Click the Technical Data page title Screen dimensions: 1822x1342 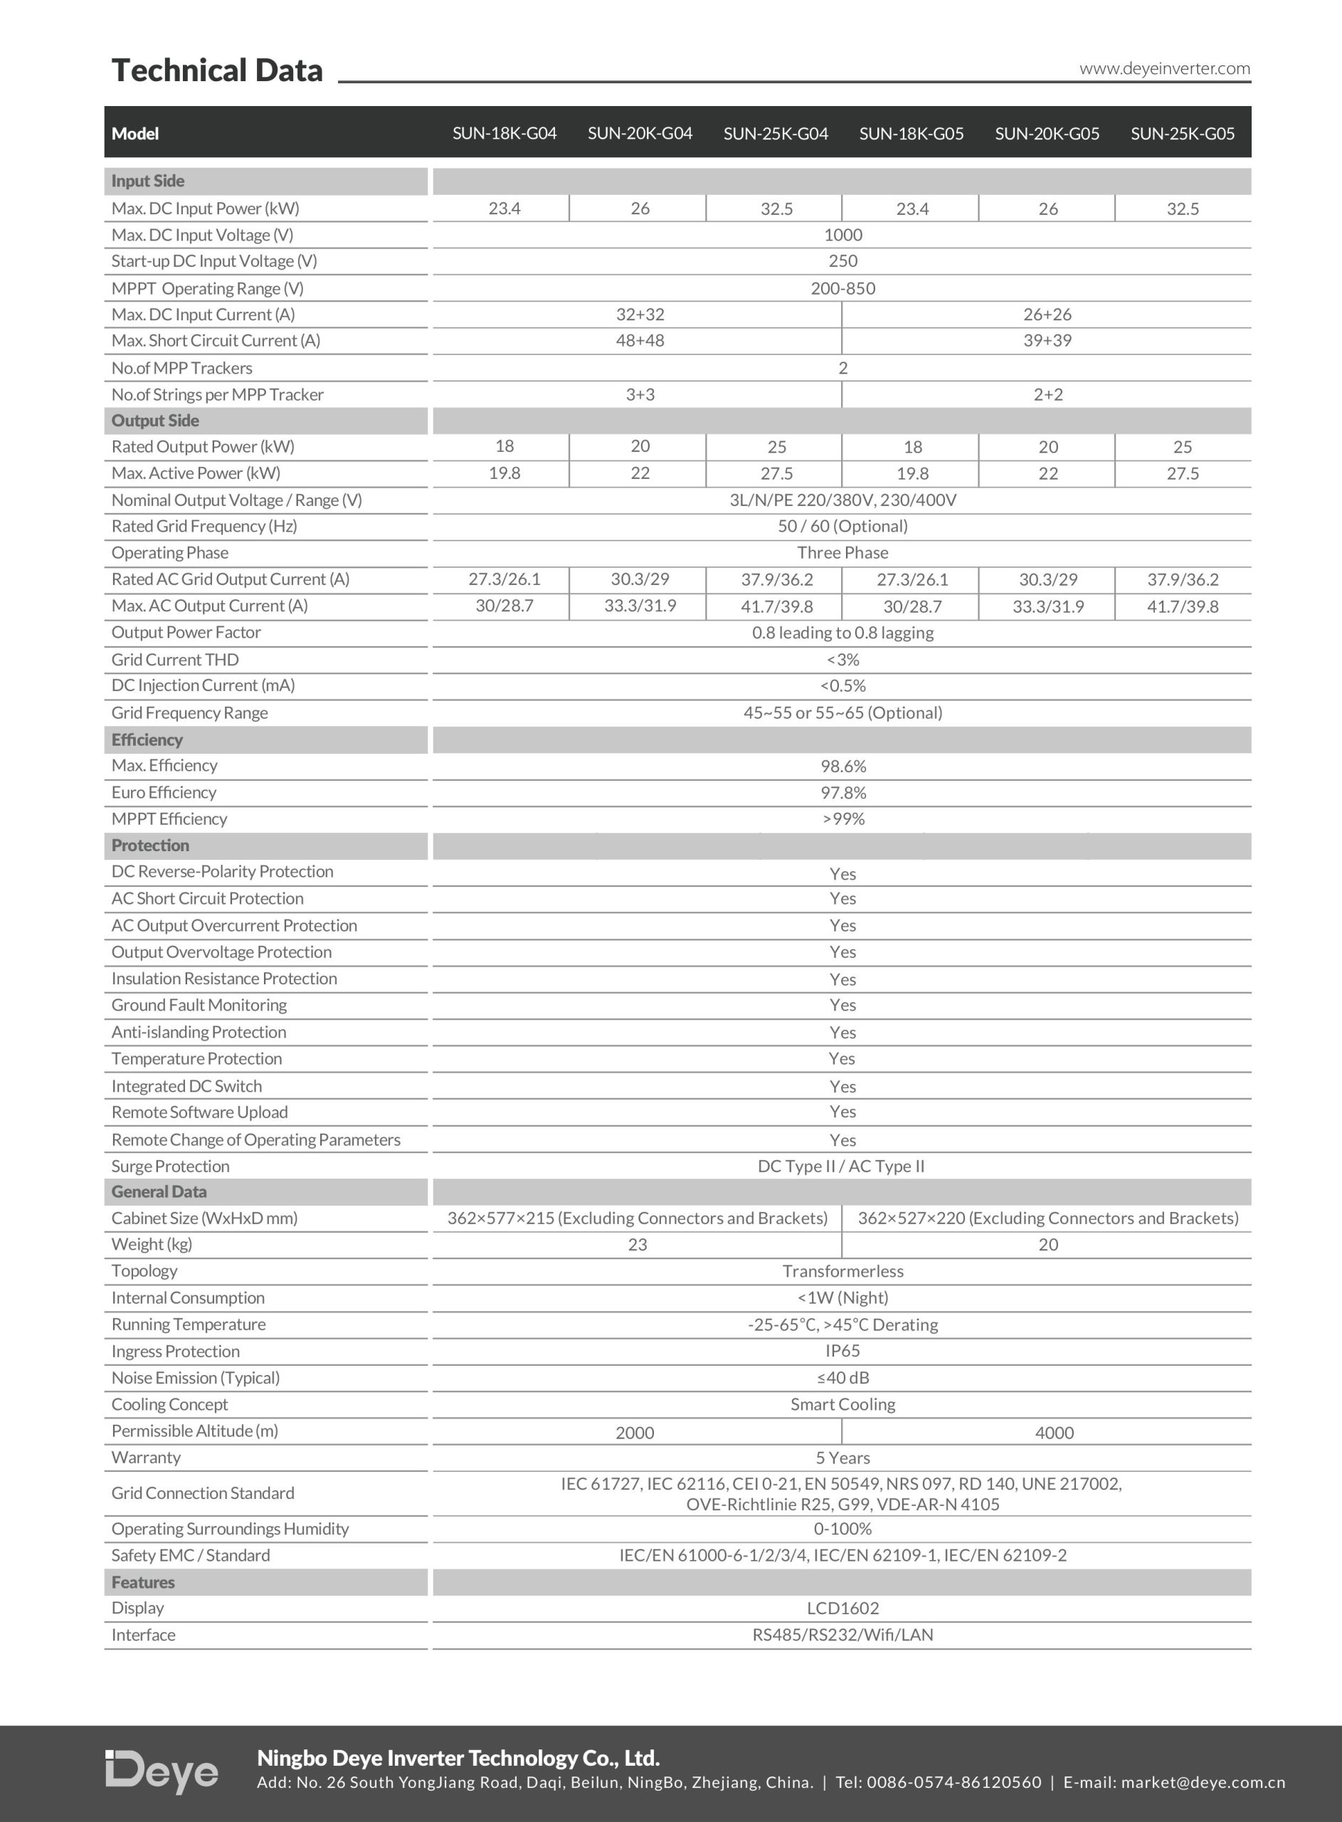tap(217, 70)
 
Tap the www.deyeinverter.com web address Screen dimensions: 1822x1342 tap(1164, 68)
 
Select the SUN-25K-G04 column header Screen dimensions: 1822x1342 tap(775, 133)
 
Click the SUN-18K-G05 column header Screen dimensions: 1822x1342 tap(911, 133)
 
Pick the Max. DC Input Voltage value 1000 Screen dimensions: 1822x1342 tap(842, 235)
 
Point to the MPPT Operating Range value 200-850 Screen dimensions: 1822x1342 tap(842, 288)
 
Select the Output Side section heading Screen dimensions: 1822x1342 tap(155, 421)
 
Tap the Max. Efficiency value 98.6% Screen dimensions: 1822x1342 tap(842, 766)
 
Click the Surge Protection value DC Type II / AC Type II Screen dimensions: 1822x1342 tap(841, 1167)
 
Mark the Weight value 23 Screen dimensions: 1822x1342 tap(637, 1245)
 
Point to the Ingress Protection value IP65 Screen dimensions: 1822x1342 tap(842, 1351)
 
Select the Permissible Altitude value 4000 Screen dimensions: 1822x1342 tap(1054, 1433)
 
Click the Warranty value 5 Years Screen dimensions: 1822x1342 tap(842, 1458)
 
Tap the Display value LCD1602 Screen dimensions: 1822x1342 tap(842, 1608)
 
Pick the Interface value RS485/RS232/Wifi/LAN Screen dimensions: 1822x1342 tap(842, 1635)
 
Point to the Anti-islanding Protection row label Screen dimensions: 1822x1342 tap(199, 1033)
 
